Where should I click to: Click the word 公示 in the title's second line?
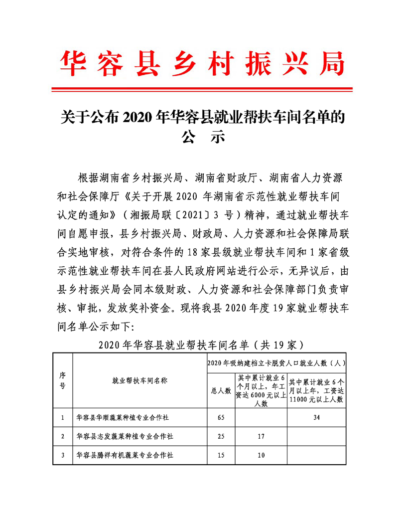pyautogui.click(x=203, y=136)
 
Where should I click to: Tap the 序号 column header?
pyautogui.click(x=63, y=380)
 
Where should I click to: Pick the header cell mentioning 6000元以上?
pyautogui.click(x=261, y=390)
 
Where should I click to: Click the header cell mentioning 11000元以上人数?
pyautogui.click(x=316, y=390)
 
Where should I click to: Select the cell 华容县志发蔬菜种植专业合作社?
pyautogui.click(x=125, y=436)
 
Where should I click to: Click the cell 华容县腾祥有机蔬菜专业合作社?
pyautogui.click(x=125, y=455)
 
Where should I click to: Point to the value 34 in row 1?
pyautogui.click(x=316, y=417)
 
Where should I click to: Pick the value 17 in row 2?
pyautogui.click(x=261, y=436)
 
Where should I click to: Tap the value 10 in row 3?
pyautogui.click(x=261, y=455)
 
